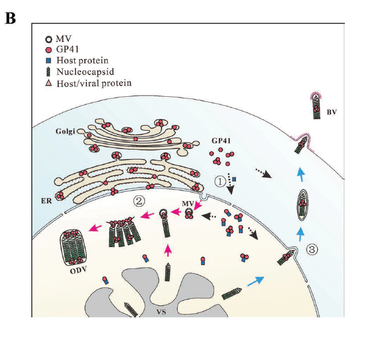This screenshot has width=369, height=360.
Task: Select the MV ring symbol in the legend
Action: tap(49, 39)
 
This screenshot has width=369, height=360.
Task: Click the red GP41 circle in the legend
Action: tap(49, 50)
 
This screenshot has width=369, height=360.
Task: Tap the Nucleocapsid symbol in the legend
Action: tap(49, 72)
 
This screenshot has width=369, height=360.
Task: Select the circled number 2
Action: tap(139, 201)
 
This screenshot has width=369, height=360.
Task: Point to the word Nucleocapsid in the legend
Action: tap(82, 72)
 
